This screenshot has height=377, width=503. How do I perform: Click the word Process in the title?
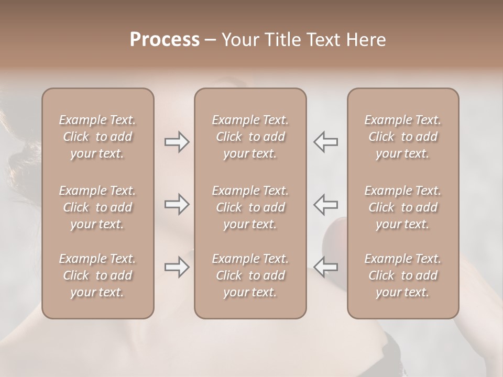click(165, 40)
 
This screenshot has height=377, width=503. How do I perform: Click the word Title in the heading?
click(281, 40)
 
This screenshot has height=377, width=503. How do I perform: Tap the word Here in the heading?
click(366, 40)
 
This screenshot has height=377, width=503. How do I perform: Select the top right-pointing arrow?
click(177, 142)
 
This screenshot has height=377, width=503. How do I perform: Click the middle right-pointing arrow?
click(177, 204)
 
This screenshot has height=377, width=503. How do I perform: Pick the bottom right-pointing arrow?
click(177, 267)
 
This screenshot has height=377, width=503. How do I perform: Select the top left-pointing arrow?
click(325, 142)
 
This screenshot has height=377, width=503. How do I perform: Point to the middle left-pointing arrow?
click(325, 204)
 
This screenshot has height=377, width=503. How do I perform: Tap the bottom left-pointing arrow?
click(325, 267)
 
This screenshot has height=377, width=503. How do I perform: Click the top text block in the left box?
click(97, 137)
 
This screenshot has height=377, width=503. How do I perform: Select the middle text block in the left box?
click(97, 207)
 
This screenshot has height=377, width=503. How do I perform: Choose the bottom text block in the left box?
click(97, 275)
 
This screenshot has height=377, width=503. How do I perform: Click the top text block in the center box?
click(250, 137)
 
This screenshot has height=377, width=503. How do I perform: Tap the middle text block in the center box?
click(250, 207)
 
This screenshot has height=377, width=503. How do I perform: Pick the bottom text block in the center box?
click(250, 275)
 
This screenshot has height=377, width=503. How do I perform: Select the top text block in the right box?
click(402, 137)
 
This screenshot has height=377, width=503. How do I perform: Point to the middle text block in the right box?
click(402, 207)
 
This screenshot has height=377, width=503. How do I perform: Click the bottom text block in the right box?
click(402, 275)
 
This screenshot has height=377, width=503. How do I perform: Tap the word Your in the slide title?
click(240, 40)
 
